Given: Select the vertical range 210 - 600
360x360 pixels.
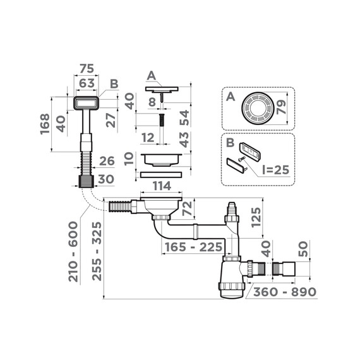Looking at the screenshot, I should click(x=74, y=251).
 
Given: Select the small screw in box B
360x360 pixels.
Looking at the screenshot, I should click(x=242, y=159).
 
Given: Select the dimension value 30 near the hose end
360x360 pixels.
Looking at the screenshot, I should click(x=106, y=179).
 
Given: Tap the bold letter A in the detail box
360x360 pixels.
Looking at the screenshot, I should click(x=231, y=98).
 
